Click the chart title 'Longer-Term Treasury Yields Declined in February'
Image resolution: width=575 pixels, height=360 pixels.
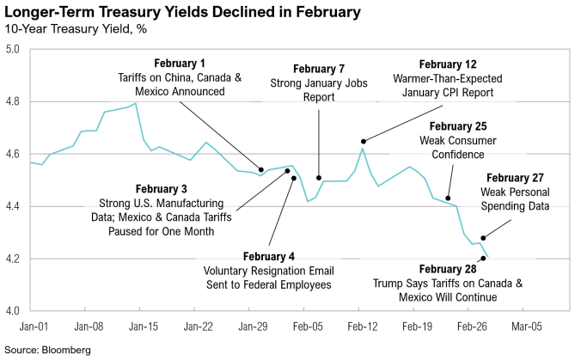pyautogui.click(x=180, y=13)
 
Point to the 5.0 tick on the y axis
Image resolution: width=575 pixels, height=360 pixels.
pyautogui.click(x=14, y=50)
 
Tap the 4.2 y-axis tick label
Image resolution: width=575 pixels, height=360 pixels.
pyautogui.click(x=14, y=259)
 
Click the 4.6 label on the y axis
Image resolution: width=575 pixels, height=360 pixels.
pyautogui.click(x=14, y=154)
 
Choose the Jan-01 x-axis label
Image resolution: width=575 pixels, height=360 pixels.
pyautogui.click(x=33, y=326)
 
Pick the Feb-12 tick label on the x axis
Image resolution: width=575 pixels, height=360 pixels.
pyautogui.click(x=362, y=326)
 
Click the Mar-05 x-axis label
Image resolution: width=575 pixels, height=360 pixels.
pyautogui.click(x=526, y=326)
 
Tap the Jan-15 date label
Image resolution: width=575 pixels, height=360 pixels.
pyautogui.click(x=143, y=326)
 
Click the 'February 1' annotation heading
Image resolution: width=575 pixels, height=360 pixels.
pyautogui.click(x=180, y=64)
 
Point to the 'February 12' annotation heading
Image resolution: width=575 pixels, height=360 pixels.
pyautogui.click(x=447, y=64)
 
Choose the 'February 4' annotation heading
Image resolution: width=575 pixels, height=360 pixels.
pyautogui.click(x=268, y=257)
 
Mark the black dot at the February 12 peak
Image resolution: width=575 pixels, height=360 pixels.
pyautogui.click(x=364, y=141)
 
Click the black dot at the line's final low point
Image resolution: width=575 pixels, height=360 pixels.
pyautogui.click(x=484, y=258)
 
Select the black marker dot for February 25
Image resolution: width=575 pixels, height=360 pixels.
pyautogui.click(x=448, y=198)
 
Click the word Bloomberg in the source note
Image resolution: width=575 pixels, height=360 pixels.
pyautogui.click(x=66, y=351)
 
